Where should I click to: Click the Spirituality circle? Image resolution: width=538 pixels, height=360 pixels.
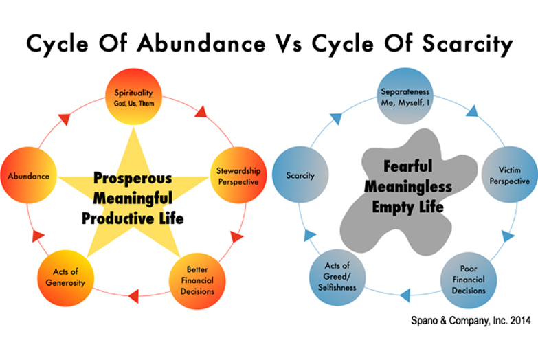[133, 97]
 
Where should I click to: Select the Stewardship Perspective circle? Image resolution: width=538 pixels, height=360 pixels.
[238, 175]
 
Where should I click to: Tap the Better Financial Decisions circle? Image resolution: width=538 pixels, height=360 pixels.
[197, 281]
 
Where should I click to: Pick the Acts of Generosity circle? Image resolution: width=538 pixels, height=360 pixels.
[65, 278]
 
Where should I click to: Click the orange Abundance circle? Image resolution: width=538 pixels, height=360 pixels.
[28, 175]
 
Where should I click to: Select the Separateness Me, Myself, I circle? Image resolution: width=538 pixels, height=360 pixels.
[405, 96]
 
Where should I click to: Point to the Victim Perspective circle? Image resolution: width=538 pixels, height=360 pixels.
[510, 175]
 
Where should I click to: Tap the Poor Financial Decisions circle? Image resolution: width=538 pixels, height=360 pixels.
[469, 280]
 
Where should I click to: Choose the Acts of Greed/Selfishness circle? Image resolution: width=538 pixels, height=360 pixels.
[337, 277]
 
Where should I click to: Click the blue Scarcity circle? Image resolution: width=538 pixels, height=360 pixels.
[300, 175]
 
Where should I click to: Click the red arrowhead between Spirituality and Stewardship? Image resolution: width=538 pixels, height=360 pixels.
[202, 112]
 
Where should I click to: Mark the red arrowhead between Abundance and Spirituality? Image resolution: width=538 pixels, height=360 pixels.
[65, 119]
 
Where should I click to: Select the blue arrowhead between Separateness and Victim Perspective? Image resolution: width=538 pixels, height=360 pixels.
[473, 111]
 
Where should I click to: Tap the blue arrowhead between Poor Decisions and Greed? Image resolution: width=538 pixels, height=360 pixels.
[405, 295]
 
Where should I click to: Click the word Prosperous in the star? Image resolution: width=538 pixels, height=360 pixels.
[133, 179]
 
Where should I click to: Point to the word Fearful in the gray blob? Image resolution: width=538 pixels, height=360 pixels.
[408, 166]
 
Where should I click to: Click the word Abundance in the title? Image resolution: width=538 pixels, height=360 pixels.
[201, 43]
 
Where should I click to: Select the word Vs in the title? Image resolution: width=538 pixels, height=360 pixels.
[289, 44]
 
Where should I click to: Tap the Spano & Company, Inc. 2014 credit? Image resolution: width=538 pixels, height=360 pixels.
[471, 321]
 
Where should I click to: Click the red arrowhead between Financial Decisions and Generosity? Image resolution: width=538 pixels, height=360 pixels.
[133, 296]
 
